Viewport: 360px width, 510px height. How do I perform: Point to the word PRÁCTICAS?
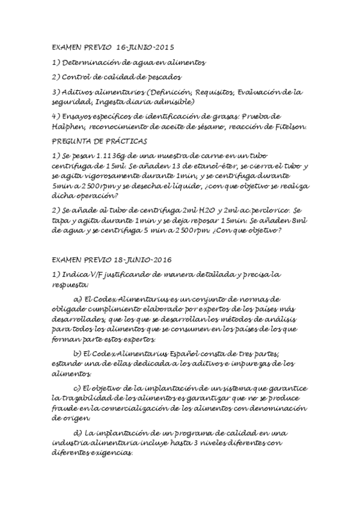click(x=125, y=141)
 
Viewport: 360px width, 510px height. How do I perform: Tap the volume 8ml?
click(x=301, y=220)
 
